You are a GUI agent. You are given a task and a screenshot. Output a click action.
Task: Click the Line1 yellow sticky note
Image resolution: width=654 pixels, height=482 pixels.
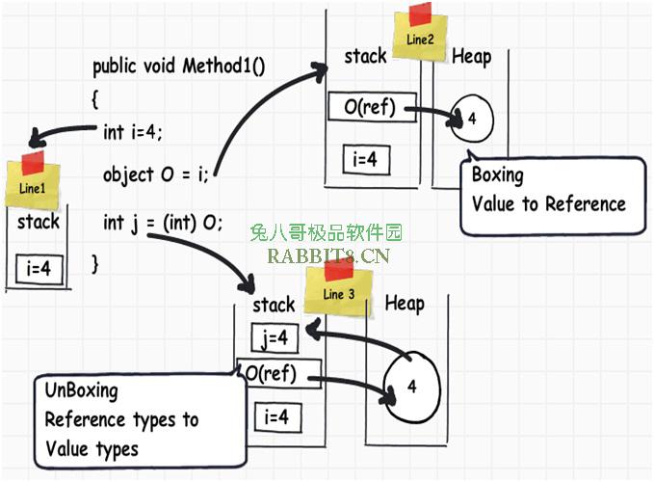33,181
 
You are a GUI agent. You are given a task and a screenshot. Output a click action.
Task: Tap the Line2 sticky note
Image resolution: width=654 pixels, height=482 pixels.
420,35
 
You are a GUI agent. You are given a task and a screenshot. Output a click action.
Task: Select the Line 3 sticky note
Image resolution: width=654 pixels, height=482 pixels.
339,289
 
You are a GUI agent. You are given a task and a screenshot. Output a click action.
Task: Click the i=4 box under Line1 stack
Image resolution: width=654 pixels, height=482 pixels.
39,269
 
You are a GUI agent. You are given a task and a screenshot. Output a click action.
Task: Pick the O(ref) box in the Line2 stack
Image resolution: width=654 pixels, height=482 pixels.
372,107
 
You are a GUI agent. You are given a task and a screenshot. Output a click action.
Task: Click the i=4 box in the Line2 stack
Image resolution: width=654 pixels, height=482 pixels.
366,159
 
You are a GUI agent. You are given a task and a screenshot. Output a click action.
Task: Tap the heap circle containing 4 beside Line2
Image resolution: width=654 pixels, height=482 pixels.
472,119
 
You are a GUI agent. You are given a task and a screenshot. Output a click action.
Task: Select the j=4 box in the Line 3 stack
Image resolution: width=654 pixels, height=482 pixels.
275,337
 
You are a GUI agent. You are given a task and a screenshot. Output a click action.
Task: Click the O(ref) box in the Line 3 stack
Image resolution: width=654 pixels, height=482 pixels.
279,373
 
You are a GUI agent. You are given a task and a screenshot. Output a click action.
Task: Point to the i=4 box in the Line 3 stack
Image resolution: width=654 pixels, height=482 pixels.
277,416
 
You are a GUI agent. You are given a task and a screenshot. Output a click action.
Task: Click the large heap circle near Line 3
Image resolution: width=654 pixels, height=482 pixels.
411,387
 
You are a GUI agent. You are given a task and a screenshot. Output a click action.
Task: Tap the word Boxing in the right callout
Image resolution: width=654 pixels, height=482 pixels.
498,175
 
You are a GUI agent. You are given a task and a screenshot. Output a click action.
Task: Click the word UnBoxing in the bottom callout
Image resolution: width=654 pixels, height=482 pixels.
82,391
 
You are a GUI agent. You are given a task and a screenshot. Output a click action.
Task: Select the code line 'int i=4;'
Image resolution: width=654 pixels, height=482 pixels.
133,132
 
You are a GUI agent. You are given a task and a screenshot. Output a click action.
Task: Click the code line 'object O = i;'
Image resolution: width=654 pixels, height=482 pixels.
156,174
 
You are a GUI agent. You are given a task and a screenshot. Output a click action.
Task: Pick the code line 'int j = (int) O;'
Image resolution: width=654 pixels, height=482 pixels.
163,223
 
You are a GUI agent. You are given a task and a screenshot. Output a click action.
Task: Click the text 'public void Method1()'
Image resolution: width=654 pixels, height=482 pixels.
178,67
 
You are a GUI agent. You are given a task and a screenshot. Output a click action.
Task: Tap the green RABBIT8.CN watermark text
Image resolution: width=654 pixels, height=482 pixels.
328,255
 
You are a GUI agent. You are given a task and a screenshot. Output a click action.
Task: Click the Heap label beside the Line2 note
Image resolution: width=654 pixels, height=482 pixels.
472,56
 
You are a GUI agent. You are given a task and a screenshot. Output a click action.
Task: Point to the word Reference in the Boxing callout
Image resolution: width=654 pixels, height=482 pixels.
586,204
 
